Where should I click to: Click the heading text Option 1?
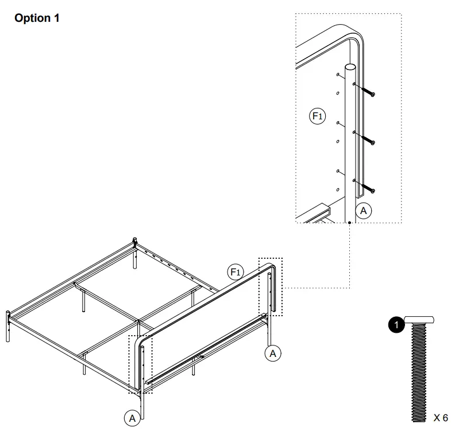click(37, 18)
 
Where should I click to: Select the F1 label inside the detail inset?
click(318, 116)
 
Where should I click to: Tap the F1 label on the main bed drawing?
click(235, 271)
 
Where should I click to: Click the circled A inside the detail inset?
click(363, 211)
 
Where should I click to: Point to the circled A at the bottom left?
click(133, 418)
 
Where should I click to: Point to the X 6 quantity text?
click(440, 418)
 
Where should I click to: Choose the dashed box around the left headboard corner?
click(141, 364)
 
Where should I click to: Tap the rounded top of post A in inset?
click(349, 68)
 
